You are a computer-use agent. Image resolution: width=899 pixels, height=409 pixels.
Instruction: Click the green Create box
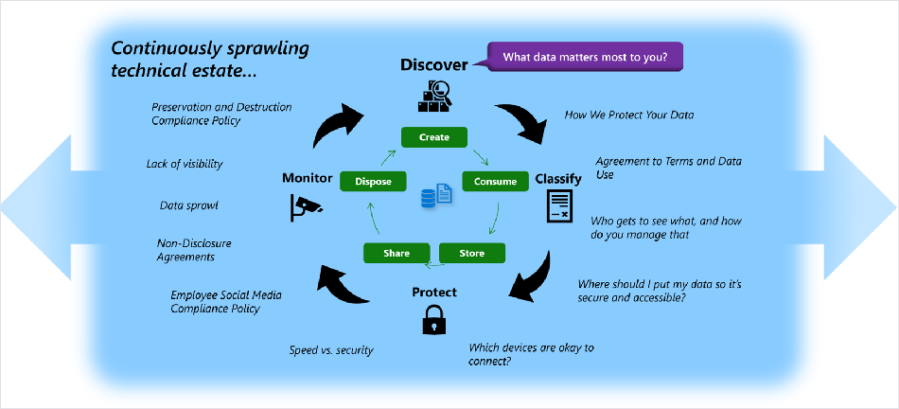pyautogui.click(x=434, y=137)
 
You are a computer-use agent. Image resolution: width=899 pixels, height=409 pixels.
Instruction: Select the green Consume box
pyautogui.click(x=495, y=181)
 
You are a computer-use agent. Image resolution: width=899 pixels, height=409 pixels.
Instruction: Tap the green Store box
pyautogui.click(x=472, y=253)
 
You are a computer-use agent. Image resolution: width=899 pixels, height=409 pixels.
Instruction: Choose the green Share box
pyautogui.click(x=397, y=253)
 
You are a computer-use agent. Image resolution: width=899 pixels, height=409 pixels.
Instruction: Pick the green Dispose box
pyautogui.click(x=373, y=181)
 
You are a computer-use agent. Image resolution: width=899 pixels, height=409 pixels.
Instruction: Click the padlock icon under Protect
pyautogui.click(x=434, y=319)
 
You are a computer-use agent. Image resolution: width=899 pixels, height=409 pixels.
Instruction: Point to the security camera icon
pyautogui.click(x=304, y=207)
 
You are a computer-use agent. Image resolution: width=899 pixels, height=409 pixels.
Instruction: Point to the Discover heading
pyautogui.click(x=434, y=65)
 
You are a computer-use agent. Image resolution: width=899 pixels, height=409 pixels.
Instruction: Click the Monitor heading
pyautogui.click(x=308, y=178)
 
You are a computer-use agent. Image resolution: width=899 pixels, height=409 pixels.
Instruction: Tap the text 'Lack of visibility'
pyautogui.click(x=184, y=164)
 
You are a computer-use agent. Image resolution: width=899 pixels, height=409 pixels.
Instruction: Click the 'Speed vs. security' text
pyautogui.click(x=331, y=350)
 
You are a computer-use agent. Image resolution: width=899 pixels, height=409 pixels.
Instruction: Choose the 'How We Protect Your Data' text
pyautogui.click(x=629, y=115)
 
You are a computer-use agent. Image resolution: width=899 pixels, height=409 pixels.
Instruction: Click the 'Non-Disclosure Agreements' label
pyautogui.click(x=194, y=250)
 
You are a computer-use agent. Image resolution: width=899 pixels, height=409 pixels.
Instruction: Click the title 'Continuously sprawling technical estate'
pyautogui.click(x=210, y=61)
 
